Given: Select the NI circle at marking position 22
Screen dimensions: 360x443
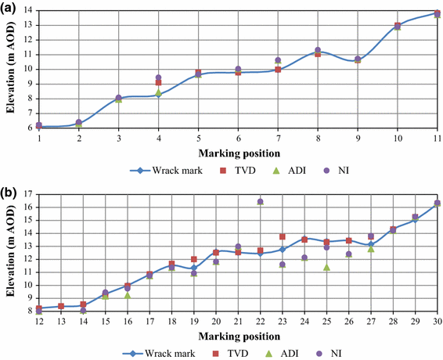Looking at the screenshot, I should [260, 201].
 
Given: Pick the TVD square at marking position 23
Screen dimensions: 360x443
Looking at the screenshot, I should [283, 236].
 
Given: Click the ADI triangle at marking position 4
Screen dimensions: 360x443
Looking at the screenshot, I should [158, 92].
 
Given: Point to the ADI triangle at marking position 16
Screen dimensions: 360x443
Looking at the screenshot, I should [127, 295].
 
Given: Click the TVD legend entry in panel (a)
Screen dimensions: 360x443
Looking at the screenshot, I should [205, 168].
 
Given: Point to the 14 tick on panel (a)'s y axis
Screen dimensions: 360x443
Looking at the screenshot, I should [29, 10].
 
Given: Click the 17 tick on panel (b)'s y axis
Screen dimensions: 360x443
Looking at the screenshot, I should [29, 194].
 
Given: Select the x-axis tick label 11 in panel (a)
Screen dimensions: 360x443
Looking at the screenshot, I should [436, 137].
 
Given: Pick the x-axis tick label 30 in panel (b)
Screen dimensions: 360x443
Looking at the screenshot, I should [436, 321].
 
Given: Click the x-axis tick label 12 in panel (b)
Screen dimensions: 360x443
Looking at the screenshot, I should [38, 321].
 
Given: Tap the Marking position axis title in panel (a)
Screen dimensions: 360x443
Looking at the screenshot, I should [238, 151].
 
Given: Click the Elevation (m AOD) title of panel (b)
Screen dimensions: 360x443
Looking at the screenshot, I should [11, 252].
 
